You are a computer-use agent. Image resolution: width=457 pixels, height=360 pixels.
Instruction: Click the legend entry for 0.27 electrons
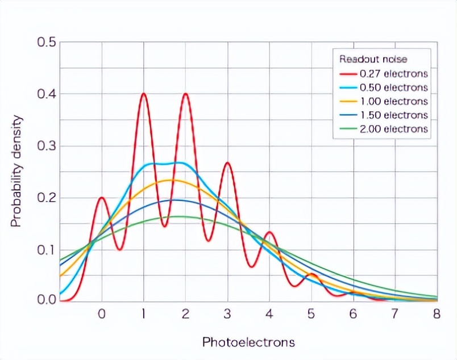(x=393, y=74)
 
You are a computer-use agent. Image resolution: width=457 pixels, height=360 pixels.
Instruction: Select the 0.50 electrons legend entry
(x=393, y=87)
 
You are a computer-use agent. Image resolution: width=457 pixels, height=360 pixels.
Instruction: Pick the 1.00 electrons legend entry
(x=393, y=101)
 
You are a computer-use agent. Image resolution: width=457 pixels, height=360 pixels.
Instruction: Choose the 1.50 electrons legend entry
(x=393, y=115)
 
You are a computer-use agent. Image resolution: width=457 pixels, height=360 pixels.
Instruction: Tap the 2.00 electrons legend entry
(x=393, y=129)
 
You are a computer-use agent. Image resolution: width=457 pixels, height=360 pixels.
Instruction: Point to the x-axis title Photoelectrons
(x=248, y=342)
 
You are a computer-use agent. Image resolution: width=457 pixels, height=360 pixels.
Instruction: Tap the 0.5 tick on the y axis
(x=46, y=42)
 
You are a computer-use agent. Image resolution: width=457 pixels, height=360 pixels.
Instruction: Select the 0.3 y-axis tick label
(x=46, y=146)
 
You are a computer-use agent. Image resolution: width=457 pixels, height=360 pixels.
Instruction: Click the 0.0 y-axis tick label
(x=46, y=299)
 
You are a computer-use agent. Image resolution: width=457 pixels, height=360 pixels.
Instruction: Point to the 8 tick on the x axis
(x=436, y=314)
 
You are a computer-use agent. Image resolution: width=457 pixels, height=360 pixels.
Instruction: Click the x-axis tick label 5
(x=311, y=314)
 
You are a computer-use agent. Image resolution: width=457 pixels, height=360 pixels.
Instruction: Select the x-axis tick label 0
(x=102, y=314)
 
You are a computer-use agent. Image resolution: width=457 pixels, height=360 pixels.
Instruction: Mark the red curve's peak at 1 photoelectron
(x=144, y=94)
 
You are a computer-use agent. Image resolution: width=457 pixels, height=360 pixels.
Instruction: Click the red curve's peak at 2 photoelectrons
(x=185, y=94)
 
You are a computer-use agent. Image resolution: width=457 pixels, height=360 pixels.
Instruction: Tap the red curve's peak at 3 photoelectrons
(x=227, y=163)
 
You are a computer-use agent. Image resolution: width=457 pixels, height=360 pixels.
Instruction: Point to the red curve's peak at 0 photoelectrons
(x=102, y=198)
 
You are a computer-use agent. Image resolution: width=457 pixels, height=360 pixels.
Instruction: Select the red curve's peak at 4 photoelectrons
(x=269, y=232)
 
